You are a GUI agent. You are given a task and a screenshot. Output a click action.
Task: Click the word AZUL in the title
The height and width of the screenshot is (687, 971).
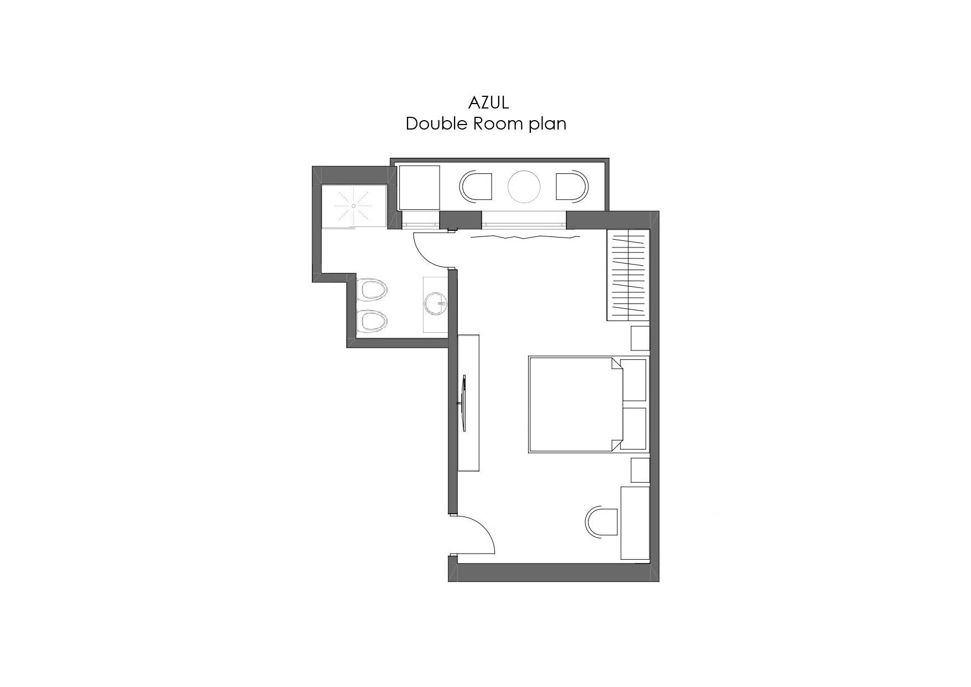[488, 102]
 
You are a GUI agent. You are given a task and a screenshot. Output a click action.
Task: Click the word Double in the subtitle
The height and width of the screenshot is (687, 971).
[437, 123]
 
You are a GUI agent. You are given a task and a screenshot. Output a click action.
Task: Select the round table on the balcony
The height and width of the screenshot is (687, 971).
[524, 187]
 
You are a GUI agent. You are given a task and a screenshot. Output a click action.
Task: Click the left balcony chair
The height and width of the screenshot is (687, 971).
[476, 187]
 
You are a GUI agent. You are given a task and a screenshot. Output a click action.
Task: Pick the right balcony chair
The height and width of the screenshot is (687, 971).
[572, 187]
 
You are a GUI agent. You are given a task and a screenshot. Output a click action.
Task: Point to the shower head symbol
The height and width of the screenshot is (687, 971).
[353, 205]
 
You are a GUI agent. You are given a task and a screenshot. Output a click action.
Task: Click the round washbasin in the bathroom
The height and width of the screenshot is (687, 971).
[436, 303]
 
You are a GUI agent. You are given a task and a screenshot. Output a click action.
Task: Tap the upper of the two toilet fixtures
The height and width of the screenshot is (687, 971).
[371, 290]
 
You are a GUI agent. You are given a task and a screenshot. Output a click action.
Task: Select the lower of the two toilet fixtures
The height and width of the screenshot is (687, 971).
[371, 322]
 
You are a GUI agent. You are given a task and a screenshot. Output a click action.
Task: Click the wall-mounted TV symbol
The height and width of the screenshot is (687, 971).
[463, 403]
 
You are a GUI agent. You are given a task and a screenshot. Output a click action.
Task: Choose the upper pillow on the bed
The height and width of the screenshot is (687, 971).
[633, 380]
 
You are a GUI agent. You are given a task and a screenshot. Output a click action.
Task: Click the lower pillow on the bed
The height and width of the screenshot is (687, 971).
[633, 428]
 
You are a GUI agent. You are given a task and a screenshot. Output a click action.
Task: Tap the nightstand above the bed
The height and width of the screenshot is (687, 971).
[641, 338]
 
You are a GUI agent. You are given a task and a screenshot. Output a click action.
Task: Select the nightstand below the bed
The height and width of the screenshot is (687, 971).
[641, 470]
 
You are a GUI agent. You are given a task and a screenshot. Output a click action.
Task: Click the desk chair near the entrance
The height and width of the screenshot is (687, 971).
[601, 521]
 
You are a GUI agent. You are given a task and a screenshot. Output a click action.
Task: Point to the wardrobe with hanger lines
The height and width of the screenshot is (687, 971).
[628, 275]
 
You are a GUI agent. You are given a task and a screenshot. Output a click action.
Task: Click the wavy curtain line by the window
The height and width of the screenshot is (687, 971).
[525, 237]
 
